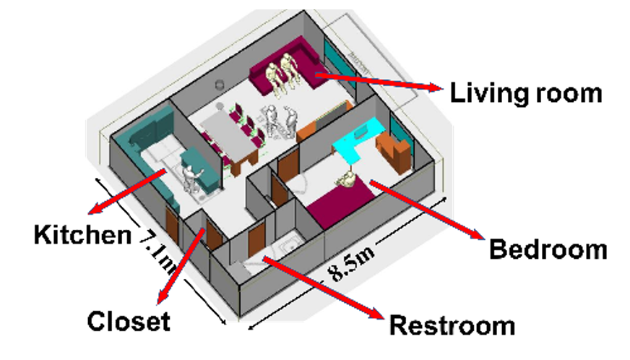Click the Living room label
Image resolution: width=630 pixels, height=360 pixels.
click(525, 93)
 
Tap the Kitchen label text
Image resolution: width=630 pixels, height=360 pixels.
click(82, 234)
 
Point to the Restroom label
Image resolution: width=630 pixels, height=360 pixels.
click(452, 325)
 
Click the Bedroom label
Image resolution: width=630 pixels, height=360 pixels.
click(548, 250)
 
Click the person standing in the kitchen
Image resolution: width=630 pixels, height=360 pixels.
click(192, 176)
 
